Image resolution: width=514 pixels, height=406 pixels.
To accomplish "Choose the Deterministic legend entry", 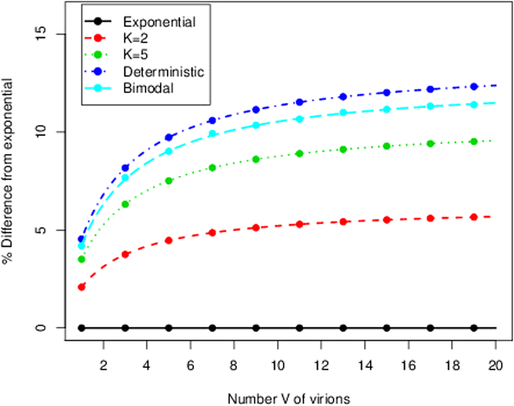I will pyautogui.click(x=163, y=71).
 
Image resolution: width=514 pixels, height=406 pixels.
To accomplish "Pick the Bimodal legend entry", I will pyautogui.click(x=149, y=88).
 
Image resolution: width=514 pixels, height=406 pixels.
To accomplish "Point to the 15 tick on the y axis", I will pyautogui.click(x=46, y=34).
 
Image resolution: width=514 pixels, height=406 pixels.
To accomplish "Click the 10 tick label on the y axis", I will pyautogui.click(x=46, y=132).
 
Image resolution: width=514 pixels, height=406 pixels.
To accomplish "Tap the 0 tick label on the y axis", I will pyautogui.click(x=46, y=328).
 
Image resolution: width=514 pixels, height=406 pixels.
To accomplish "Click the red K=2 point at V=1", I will pyautogui.click(x=81, y=287).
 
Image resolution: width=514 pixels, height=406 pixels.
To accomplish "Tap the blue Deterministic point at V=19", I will pyautogui.click(x=474, y=86).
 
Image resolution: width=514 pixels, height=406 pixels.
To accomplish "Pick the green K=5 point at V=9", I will pyautogui.click(x=256, y=159).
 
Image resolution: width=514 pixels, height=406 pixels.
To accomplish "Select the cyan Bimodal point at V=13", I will pyautogui.click(x=343, y=113).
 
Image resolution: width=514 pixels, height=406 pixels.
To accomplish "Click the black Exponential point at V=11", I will pyautogui.click(x=300, y=328).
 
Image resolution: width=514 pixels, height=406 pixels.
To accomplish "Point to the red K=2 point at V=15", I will pyautogui.click(x=387, y=219).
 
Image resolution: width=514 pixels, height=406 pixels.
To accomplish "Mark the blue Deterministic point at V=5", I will pyautogui.click(x=169, y=137).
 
